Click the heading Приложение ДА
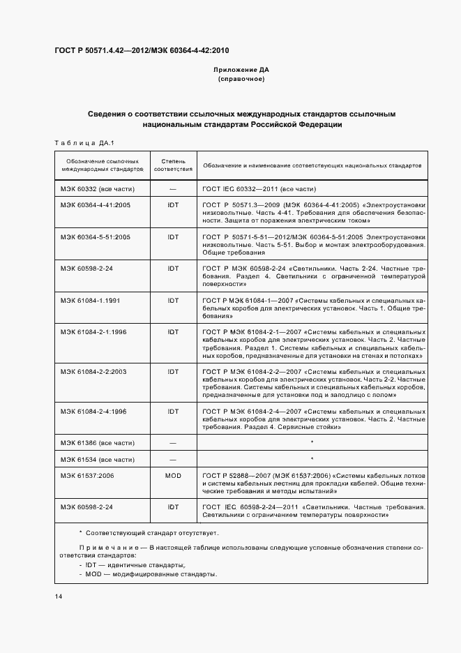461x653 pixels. [x=241, y=70]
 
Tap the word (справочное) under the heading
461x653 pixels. [x=241, y=80]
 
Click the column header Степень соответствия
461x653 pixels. [x=173, y=165]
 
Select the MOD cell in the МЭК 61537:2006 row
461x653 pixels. [x=173, y=476]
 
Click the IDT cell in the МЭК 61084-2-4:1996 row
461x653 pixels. [x=173, y=412]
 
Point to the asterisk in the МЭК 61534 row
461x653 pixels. [x=312, y=459]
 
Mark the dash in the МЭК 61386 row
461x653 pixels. [x=173, y=443]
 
